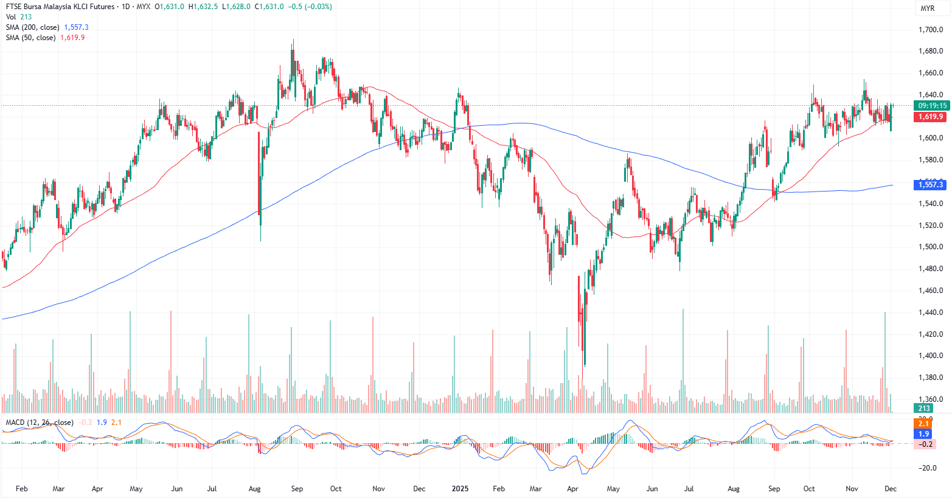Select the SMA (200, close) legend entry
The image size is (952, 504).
click(x=33, y=27)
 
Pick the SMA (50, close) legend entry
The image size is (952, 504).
click(x=30, y=38)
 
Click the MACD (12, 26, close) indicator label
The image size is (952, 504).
click(x=40, y=423)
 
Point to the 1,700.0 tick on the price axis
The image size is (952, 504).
click(x=931, y=30)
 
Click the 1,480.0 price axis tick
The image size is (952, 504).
click(x=931, y=269)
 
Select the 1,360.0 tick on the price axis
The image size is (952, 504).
click(x=931, y=399)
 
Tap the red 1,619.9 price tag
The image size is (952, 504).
click(x=931, y=117)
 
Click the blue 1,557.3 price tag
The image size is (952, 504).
click(x=931, y=185)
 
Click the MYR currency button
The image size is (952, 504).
click(x=928, y=9)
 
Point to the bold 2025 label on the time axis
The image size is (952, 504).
click(x=459, y=489)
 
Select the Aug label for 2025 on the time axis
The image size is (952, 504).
click(x=734, y=489)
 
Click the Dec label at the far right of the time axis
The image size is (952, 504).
click(x=891, y=489)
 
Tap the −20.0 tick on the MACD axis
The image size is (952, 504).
click(x=928, y=468)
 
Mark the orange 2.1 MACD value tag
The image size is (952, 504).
click(x=923, y=423)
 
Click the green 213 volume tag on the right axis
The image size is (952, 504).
click(x=924, y=409)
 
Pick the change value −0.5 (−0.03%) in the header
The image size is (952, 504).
click(x=312, y=7)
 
